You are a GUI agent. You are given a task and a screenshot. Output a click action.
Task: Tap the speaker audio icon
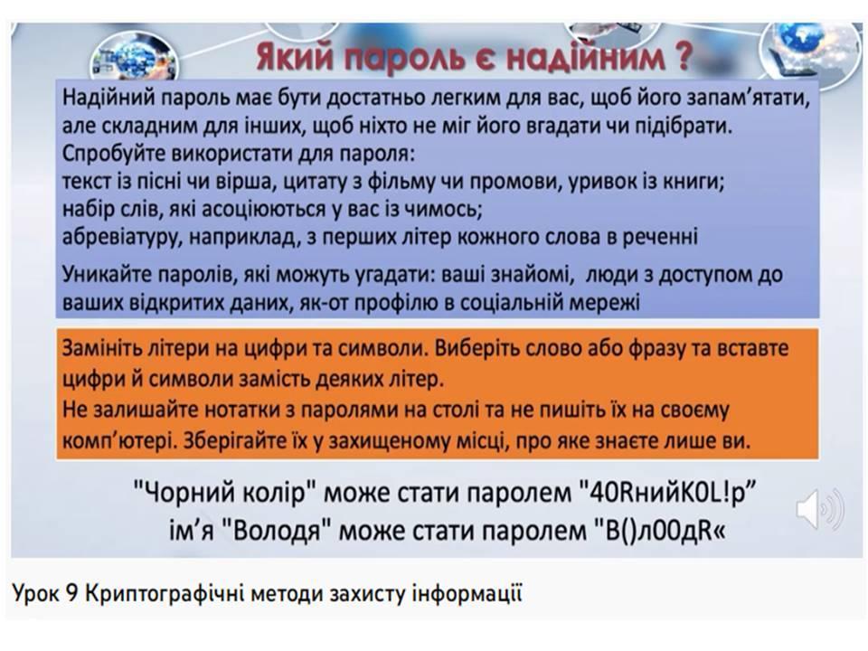point(820,508)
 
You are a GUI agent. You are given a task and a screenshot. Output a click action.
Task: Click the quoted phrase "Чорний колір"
point(224,492)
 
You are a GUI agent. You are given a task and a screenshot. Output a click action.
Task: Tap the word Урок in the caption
point(35,594)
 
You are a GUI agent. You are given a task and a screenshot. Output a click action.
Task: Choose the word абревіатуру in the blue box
point(122,237)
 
